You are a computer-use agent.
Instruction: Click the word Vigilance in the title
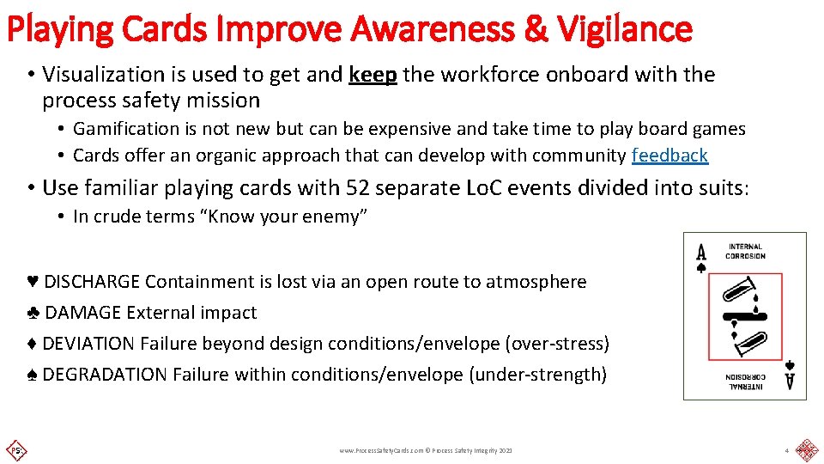(624, 28)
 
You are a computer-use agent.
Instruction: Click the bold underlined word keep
(373, 75)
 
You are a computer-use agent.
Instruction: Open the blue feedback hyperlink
(669, 156)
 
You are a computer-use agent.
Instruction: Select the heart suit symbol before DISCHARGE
(33, 282)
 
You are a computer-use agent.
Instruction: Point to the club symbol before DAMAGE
(33, 313)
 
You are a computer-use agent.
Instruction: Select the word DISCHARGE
(93, 282)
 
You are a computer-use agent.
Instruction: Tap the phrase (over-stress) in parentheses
(557, 344)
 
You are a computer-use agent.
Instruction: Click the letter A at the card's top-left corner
(701, 253)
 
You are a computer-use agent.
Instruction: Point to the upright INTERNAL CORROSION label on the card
(745, 252)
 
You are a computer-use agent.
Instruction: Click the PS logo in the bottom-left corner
(15, 449)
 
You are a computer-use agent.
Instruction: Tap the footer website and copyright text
(425, 450)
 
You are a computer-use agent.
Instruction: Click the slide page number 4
(785, 450)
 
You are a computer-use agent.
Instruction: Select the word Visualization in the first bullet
(102, 75)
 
